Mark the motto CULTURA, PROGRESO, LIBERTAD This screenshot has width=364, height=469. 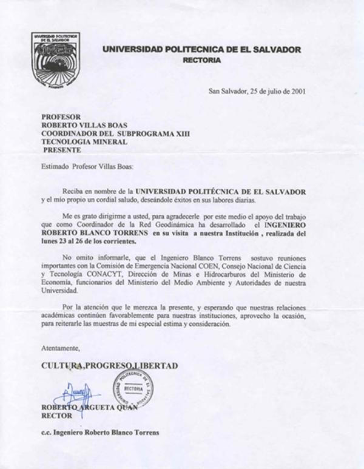point(109,366)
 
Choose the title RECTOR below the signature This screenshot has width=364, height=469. point(56,416)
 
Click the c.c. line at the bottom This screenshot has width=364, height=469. point(99,433)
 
